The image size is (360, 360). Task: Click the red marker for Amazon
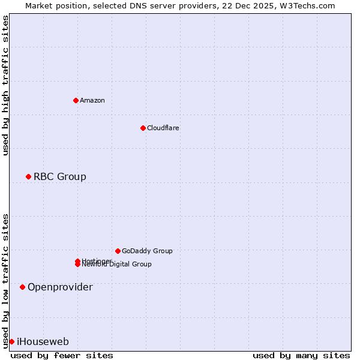point(76,100)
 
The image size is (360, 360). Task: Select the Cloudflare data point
point(143,128)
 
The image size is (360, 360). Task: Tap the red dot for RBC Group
point(28,176)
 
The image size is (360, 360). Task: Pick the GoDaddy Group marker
point(118,251)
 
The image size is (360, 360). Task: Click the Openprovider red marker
point(22,287)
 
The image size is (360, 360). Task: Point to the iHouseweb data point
point(11,341)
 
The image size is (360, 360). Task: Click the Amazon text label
point(92,100)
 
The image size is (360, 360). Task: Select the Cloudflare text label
point(163,128)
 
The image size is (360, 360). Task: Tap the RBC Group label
point(60,176)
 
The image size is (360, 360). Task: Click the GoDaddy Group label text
point(147,251)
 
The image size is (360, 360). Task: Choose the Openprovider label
point(60,287)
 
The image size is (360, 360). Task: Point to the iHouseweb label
point(43,341)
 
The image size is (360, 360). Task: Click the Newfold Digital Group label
point(118,265)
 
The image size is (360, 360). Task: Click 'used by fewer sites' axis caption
point(62,355)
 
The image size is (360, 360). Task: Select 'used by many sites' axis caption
point(301,355)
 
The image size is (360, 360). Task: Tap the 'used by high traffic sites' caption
point(6,85)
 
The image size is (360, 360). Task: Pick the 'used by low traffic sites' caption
point(6,280)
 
